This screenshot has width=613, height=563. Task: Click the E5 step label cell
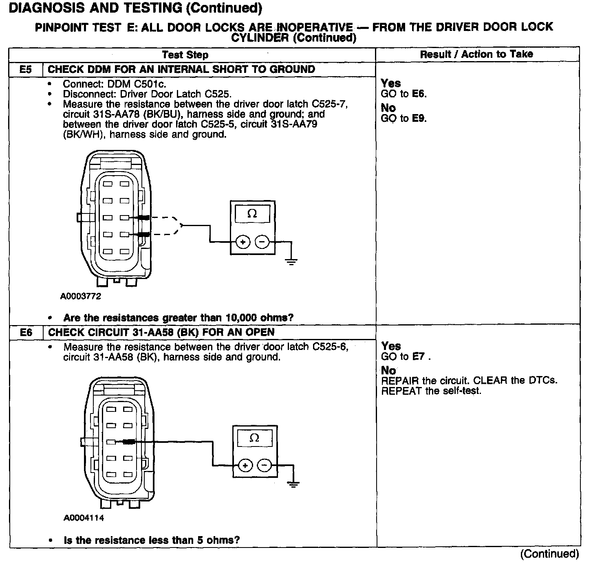tap(25, 69)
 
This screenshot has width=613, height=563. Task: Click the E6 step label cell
tap(26, 332)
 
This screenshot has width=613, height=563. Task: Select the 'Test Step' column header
tap(185, 55)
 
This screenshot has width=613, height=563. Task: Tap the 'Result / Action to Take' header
tap(476, 54)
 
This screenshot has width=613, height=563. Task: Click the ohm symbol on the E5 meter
tap(252, 214)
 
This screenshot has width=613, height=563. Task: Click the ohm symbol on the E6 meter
tap(254, 438)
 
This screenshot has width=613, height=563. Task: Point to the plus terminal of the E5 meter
tap(243, 242)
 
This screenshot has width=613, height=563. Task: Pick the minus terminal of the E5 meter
tap(262, 242)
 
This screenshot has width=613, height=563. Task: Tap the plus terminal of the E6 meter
tap(245, 465)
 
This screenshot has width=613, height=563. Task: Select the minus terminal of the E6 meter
tap(265, 465)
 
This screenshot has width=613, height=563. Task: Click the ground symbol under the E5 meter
tap(291, 262)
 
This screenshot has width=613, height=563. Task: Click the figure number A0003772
tap(81, 296)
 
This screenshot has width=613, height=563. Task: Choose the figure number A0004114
tap(84, 518)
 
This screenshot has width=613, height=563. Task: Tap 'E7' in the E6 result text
tap(419, 357)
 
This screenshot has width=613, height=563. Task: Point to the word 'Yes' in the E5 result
tap(390, 83)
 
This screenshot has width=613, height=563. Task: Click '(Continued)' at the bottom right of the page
tap(549, 554)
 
